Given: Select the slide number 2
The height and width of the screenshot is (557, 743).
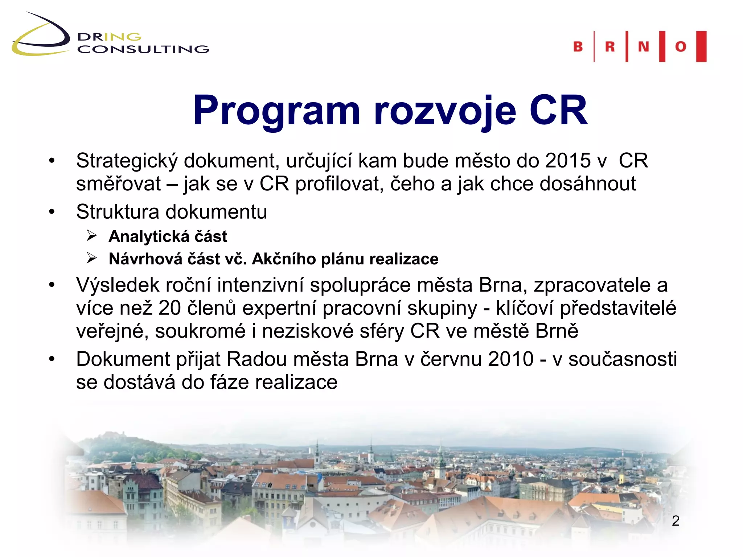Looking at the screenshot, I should [x=675, y=521].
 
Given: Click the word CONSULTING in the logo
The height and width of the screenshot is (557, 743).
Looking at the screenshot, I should [x=143, y=49].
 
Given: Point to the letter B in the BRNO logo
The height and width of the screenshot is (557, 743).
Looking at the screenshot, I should [x=578, y=47].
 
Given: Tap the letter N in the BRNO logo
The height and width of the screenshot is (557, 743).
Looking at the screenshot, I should [x=643, y=47].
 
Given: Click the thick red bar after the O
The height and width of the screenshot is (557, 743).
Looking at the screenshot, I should [x=701, y=46].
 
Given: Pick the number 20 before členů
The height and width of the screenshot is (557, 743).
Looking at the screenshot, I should [x=169, y=308].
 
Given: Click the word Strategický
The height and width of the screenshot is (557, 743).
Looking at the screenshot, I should [x=127, y=161].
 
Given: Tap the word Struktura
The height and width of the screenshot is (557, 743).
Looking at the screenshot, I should [x=118, y=211].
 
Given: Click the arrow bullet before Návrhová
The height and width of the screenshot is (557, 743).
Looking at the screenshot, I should [x=92, y=259].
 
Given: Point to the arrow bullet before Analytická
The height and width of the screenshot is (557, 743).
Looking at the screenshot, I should [x=92, y=236].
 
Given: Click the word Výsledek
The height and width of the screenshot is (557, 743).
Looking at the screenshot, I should [x=118, y=285].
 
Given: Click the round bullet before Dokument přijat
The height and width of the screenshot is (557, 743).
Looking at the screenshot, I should [x=52, y=359].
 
